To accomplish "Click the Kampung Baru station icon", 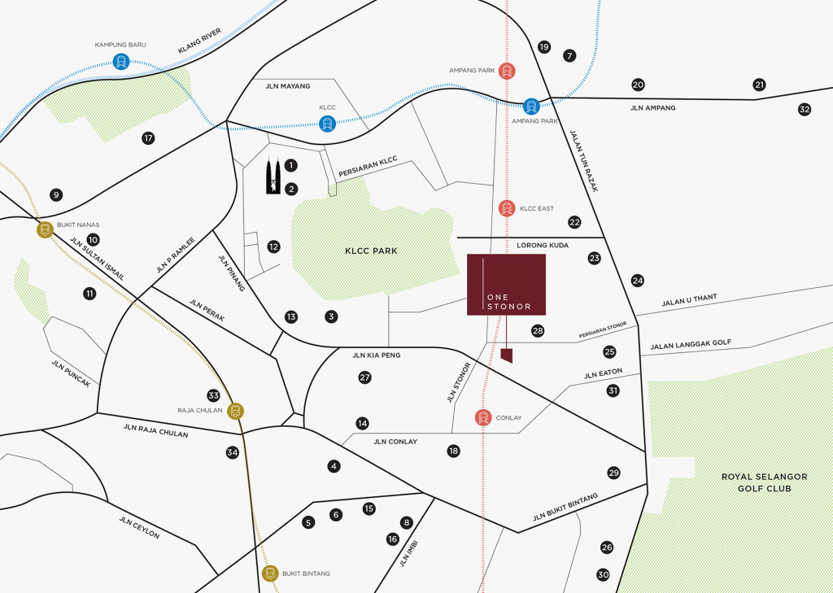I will (x=121, y=61).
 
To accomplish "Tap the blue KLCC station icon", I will (x=327, y=124).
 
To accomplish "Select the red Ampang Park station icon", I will (x=507, y=71).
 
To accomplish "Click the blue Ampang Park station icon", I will (x=531, y=106).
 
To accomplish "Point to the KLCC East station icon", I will (x=507, y=208).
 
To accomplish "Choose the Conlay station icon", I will (x=483, y=418).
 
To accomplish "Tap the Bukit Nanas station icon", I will (x=45, y=230).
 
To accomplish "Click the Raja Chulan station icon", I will (x=236, y=411).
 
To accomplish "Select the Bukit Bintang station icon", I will (x=270, y=573).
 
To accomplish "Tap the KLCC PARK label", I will (x=371, y=251).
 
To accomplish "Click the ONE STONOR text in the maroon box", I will (x=508, y=301).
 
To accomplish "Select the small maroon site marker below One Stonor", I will (x=507, y=355).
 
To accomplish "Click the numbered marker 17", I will (x=148, y=138).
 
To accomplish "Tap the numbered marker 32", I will (x=804, y=109).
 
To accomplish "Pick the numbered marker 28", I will (x=537, y=330).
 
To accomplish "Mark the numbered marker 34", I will (x=233, y=452).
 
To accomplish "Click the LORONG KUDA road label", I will (x=543, y=245).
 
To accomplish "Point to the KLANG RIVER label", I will (x=199, y=40).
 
